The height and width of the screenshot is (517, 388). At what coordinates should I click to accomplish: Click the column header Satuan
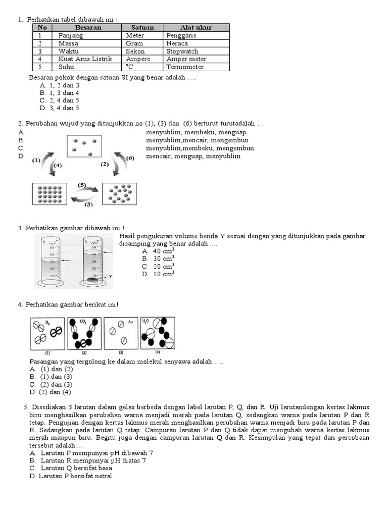[142, 28]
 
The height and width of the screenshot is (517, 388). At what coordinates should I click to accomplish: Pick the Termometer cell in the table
[185, 67]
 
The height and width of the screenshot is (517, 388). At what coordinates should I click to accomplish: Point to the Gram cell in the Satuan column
[134, 43]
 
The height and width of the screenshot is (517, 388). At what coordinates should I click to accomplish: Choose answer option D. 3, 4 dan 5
[60, 108]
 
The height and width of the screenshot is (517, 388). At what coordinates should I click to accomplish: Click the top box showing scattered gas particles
[84, 146]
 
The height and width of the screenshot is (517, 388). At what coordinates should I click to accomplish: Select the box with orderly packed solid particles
[50, 194]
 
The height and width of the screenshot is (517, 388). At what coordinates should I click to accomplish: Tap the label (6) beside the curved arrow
[130, 158]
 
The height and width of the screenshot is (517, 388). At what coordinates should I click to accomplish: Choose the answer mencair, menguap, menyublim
[193, 157]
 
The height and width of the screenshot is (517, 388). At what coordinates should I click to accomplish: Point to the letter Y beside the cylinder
[110, 276]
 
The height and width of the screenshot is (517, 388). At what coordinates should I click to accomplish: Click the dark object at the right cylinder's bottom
[93, 279]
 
